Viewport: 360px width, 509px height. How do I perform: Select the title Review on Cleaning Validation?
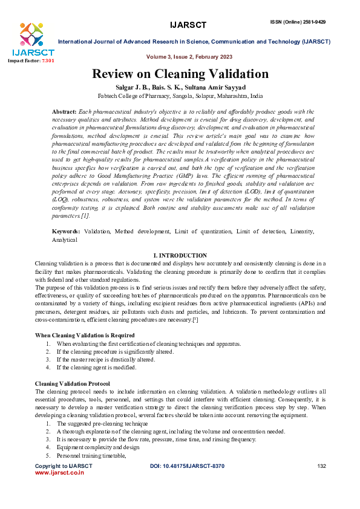180,75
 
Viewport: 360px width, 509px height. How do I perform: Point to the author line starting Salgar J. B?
180,88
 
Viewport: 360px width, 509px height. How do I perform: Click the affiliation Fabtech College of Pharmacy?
180,96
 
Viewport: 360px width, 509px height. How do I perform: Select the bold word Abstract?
65,112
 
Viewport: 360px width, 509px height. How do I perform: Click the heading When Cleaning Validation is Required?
85,336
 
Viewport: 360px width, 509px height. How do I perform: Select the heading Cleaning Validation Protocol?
73,383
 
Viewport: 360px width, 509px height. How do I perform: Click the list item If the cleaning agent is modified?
97,367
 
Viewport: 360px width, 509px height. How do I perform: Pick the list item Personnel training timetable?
92,455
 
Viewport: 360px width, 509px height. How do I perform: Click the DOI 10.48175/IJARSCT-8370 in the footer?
187,466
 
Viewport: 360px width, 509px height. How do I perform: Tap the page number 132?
321,466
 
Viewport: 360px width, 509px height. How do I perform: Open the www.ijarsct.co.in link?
59,473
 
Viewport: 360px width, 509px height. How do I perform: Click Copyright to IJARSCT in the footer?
64,466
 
